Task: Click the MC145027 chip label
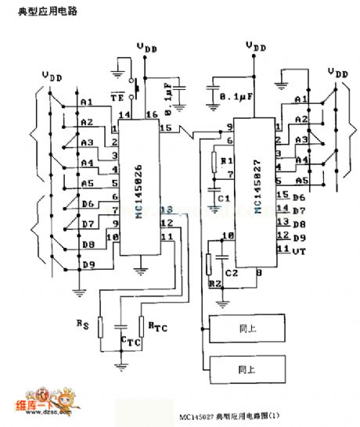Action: click(x=257, y=187)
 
